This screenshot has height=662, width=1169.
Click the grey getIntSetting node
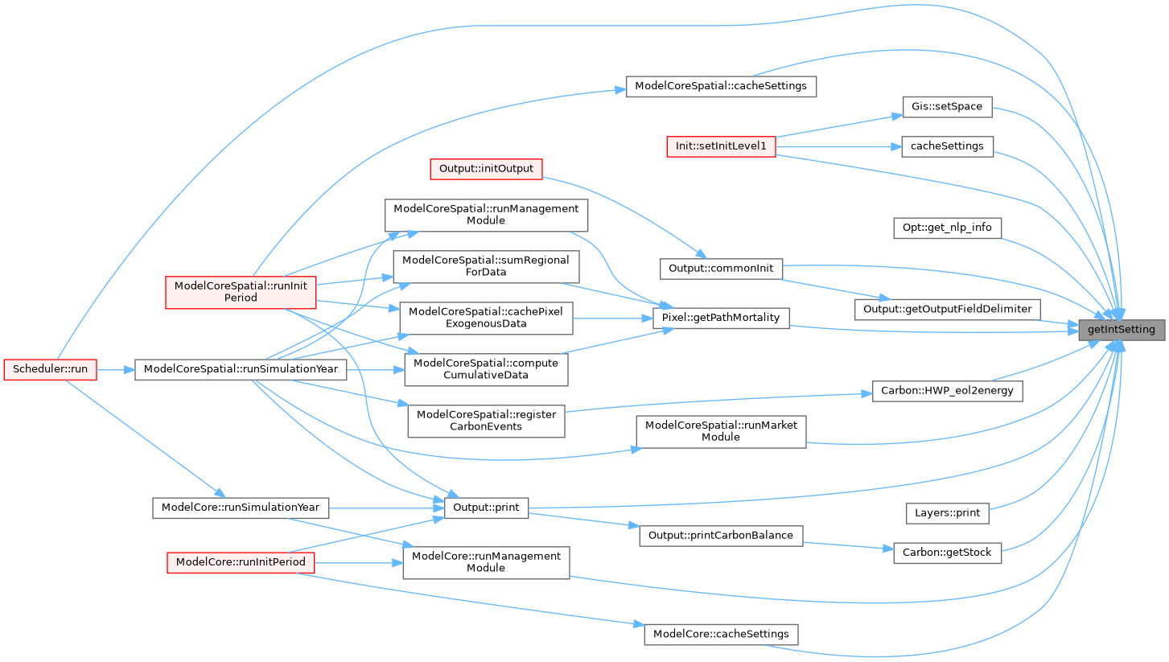[x=1121, y=329]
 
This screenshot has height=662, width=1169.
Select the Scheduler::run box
[x=50, y=370]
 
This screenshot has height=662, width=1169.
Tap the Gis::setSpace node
[x=946, y=106]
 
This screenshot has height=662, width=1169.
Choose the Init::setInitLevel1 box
[x=721, y=146]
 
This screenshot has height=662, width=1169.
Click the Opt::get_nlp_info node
[x=946, y=228]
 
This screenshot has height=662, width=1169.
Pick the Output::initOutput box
[x=486, y=169]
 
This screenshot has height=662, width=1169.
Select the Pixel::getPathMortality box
[x=721, y=318]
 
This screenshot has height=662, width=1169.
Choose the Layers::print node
[x=946, y=512]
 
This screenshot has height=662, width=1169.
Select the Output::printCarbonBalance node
[x=721, y=536]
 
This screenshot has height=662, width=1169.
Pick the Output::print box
[x=486, y=508]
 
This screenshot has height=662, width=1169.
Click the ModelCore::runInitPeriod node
[x=241, y=563]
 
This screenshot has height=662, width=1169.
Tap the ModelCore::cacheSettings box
[x=721, y=634]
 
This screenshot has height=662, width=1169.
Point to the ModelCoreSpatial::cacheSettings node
[x=721, y=86]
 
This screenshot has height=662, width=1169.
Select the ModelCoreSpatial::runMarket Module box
[x=721, y=431]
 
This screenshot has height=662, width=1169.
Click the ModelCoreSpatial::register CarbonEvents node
[x=486, y=421]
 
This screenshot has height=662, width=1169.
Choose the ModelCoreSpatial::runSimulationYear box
[x=241, y=370]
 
